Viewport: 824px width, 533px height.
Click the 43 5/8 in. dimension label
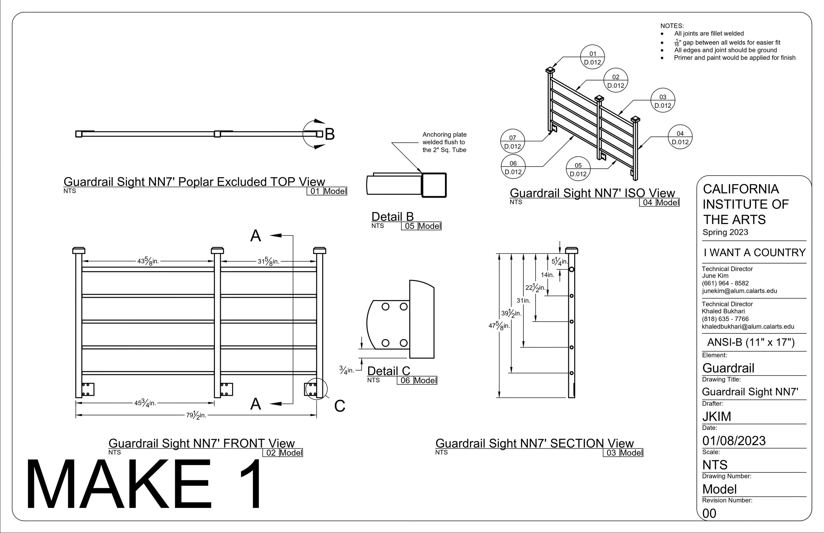148,261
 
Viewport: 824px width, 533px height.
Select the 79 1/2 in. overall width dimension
196,415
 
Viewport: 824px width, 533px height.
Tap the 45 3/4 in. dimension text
145,403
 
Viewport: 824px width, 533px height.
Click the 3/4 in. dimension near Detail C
346,370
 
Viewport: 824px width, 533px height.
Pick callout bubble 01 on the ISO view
592,57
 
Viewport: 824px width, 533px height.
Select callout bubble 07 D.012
513,142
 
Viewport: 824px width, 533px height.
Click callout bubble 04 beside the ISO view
680,137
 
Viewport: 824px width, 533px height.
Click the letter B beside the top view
330,134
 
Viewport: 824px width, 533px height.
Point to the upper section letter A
255,236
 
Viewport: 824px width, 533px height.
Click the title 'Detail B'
393,217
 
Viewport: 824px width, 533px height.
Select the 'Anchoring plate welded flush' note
444,142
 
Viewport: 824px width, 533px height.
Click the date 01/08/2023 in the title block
734,441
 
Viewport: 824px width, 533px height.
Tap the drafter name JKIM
717,416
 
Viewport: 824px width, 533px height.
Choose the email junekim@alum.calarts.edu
740,291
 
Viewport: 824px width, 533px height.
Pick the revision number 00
709,513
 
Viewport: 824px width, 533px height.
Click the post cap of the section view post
572,251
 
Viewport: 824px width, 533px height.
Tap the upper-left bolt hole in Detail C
385,307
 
